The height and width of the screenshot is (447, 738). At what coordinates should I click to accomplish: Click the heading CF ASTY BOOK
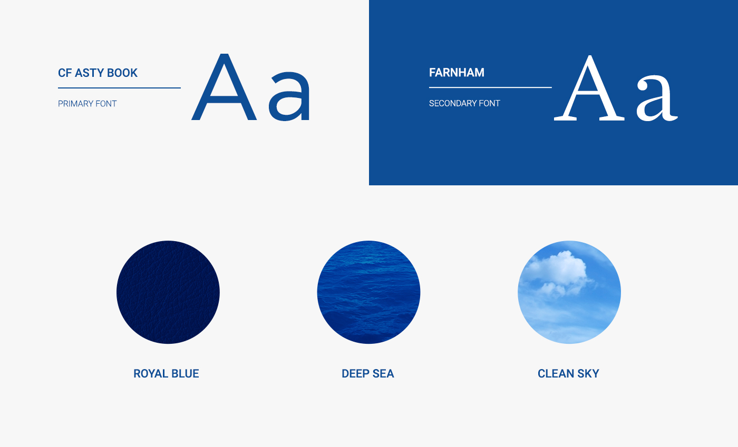coord(98,73)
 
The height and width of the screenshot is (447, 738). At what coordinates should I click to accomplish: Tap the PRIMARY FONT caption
coord(88,104)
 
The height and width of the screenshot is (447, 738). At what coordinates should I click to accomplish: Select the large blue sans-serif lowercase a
coord(289,96)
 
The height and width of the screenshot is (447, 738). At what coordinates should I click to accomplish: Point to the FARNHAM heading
coord(457,73)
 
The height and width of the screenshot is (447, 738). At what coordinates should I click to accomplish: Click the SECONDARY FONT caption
coord(464,103)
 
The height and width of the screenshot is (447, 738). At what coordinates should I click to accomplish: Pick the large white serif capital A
coord(589,88)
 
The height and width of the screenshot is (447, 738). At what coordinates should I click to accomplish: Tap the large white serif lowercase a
coord(657,98)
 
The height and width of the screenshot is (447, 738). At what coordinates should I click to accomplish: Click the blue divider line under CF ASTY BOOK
coord(119,88)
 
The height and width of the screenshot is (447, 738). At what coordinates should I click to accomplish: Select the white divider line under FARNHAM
coord(490,87)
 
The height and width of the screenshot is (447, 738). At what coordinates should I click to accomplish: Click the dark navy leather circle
coord(168,292)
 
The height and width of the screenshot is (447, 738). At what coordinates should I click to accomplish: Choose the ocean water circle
coord(368,292)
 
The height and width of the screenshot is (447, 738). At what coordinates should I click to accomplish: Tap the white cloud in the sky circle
coord(560,272)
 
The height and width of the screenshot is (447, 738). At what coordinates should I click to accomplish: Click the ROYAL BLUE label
coord(166,374)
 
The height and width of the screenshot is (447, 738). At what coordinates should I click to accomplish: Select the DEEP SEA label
coord(368,374)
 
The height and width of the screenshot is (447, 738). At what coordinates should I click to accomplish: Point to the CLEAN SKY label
coord(568,374)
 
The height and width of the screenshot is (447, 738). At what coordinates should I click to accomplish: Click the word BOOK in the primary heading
coord(122,73)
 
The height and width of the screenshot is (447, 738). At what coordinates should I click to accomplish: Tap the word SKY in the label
coord(588,374)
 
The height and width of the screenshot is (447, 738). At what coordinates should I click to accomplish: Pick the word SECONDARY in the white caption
coord(452,103)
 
